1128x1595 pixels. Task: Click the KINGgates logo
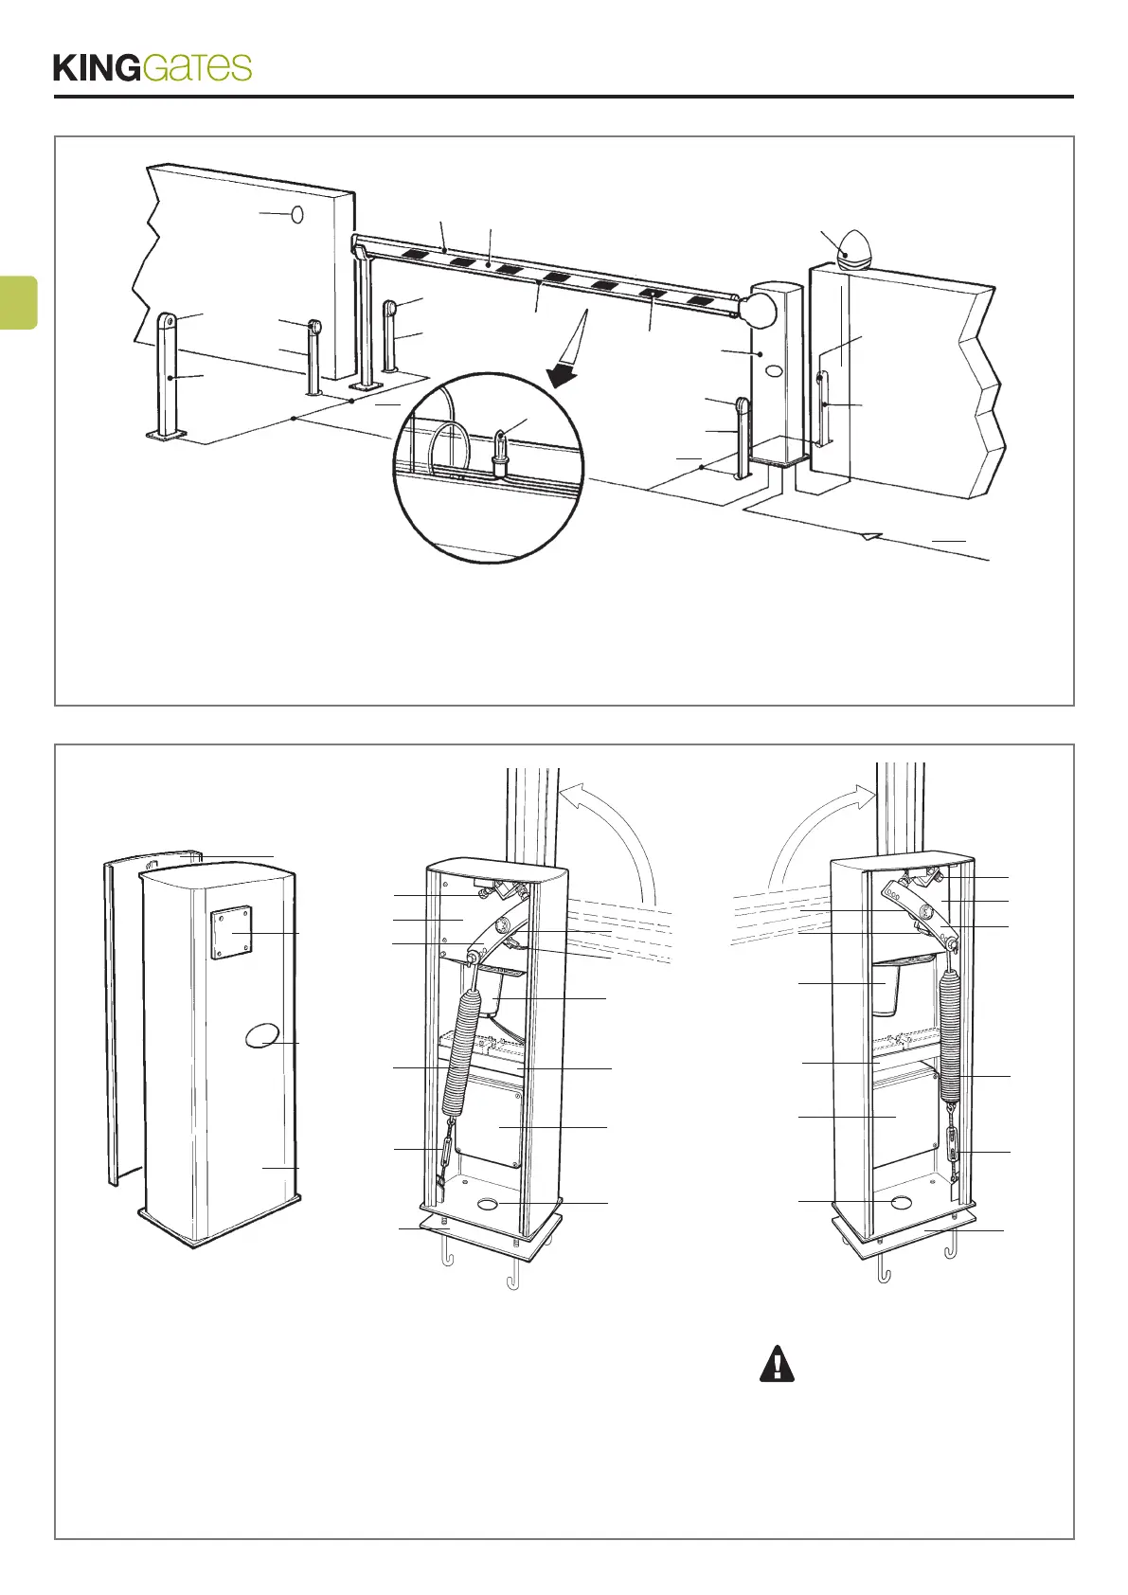pos(152,67)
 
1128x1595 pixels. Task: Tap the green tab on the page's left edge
pos(18,302)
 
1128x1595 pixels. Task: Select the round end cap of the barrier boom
pos(759,309)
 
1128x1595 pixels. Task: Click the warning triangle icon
pos(777,1364)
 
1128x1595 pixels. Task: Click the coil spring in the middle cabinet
pos(461,1051)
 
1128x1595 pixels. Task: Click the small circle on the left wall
pos(296,215)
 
